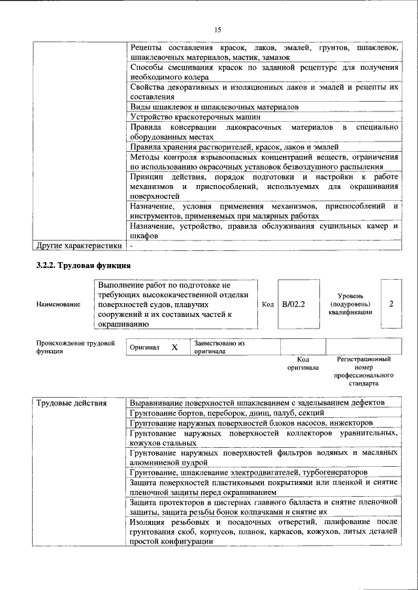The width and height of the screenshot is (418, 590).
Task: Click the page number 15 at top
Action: pos(218,29)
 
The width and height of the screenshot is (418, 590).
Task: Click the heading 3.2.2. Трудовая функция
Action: pos(84,265)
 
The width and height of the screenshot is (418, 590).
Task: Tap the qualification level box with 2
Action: pos(391,304)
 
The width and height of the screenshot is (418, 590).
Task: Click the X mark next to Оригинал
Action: pos(174,347)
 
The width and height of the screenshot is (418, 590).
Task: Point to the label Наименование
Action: pos(59,304)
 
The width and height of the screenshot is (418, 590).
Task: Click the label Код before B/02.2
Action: pos(268,304)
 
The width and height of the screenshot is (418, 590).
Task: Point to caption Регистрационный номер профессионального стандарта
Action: pos(364,372)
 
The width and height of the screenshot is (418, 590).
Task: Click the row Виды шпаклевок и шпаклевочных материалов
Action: pos(214,106)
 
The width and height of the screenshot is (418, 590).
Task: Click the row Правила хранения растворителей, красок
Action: pos(234,147)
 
